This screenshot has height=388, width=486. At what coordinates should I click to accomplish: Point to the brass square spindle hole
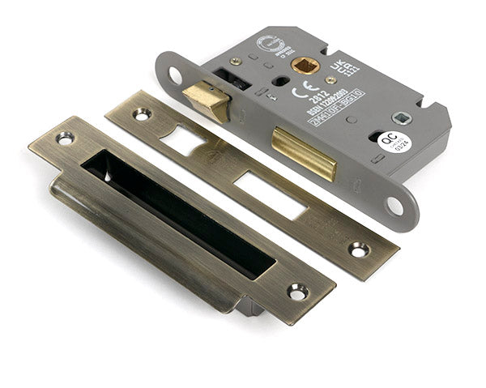pyautogui.click(x=305, y=64)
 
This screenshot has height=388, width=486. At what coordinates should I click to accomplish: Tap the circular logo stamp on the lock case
pyautogui.click(x=268, y=44)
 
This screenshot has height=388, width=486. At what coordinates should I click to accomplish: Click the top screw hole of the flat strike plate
pyautogui.click(x=142, y=114)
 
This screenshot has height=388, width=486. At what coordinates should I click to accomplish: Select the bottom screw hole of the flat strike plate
pyautogui.click(x=358, y=249)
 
